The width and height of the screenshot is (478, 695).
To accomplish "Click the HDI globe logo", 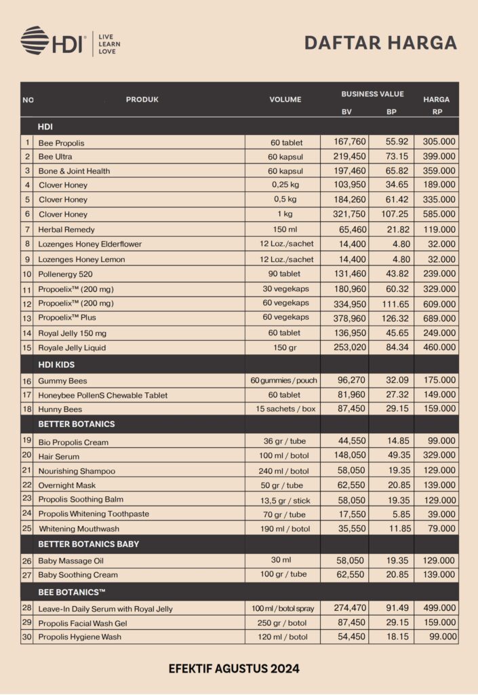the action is coord(35,40).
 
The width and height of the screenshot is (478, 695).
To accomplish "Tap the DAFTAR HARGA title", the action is coord(380,43).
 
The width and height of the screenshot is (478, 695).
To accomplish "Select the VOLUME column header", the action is coord(285,100).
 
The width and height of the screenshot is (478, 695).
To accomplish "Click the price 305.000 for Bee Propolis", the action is coord(439,142).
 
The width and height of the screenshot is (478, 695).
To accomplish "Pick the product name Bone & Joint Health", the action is coord(74,171).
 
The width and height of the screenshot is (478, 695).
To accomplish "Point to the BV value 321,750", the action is coord(349,214).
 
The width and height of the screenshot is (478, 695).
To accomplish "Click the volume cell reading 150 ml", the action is coord(285,229).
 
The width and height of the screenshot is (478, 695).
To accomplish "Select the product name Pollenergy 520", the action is coord(65,274).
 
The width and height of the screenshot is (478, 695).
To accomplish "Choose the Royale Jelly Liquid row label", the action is coord(72,348).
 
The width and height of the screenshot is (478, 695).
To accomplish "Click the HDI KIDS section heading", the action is coord(56,364).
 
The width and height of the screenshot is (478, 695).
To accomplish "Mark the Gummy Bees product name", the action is coord(62,381).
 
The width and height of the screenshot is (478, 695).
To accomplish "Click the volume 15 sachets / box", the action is coord(285,409).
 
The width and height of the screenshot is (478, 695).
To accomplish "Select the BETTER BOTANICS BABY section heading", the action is coord(89,544).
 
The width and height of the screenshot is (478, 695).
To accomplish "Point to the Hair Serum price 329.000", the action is coord(439,455).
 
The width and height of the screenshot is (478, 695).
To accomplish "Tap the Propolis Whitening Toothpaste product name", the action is coord(94,514).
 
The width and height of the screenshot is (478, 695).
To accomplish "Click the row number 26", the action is coord(27,561).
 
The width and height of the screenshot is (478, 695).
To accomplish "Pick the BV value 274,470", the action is coord(350,608).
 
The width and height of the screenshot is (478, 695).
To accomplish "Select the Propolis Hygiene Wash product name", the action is coord(80,637).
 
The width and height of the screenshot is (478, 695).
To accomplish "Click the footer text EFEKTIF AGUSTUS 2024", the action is coord(234,669).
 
